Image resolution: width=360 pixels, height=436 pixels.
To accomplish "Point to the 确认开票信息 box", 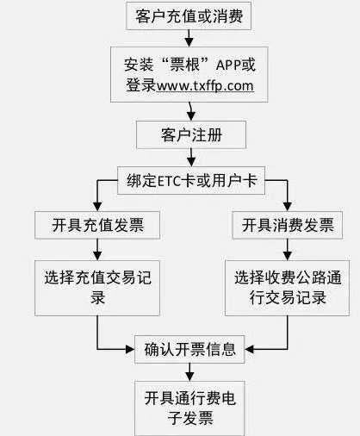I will point(190,350).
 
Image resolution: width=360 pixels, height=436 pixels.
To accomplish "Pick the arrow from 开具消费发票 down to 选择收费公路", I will point(283,250).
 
